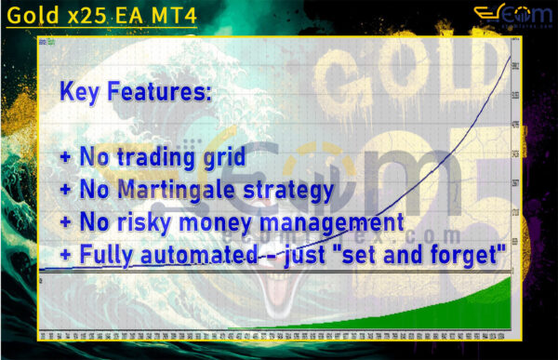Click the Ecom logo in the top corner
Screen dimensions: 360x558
pos(508,15)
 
